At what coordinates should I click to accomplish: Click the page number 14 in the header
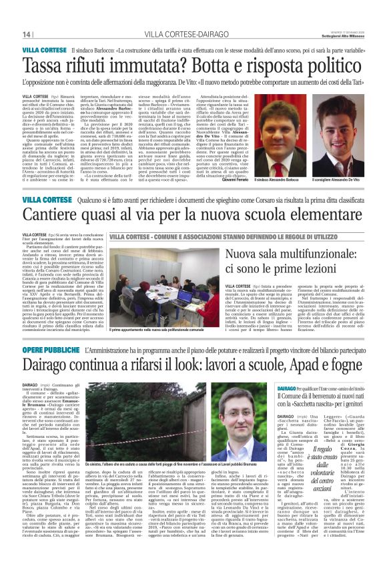[x=27, y=34]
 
